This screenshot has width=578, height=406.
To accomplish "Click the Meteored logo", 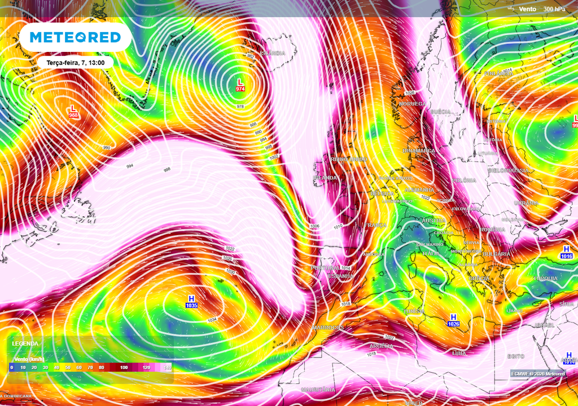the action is (75, 37).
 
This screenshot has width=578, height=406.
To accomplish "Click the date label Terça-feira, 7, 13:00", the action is (75, 63).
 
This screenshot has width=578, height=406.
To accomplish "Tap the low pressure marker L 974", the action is (240, 85).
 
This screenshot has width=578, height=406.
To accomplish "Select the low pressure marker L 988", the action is (73, 111).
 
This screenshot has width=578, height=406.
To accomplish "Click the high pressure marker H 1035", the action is (191, 301).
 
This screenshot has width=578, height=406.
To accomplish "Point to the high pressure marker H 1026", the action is (453, 320).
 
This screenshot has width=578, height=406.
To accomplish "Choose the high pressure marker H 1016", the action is (567, 252).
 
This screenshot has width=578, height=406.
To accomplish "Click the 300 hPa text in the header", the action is (554, 9).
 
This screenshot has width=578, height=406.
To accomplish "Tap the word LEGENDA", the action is (25, 343).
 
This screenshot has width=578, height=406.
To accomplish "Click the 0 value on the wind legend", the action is (11, 367).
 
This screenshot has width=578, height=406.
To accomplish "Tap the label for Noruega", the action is (412, 104).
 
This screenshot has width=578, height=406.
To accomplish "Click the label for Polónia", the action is (464, 180).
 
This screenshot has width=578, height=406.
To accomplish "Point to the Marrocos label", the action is (327, 328).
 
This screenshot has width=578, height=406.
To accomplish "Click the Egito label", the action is (515, 356).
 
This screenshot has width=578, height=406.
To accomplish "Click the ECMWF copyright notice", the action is (537, 374).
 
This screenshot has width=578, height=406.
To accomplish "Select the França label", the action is (375, 225).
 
